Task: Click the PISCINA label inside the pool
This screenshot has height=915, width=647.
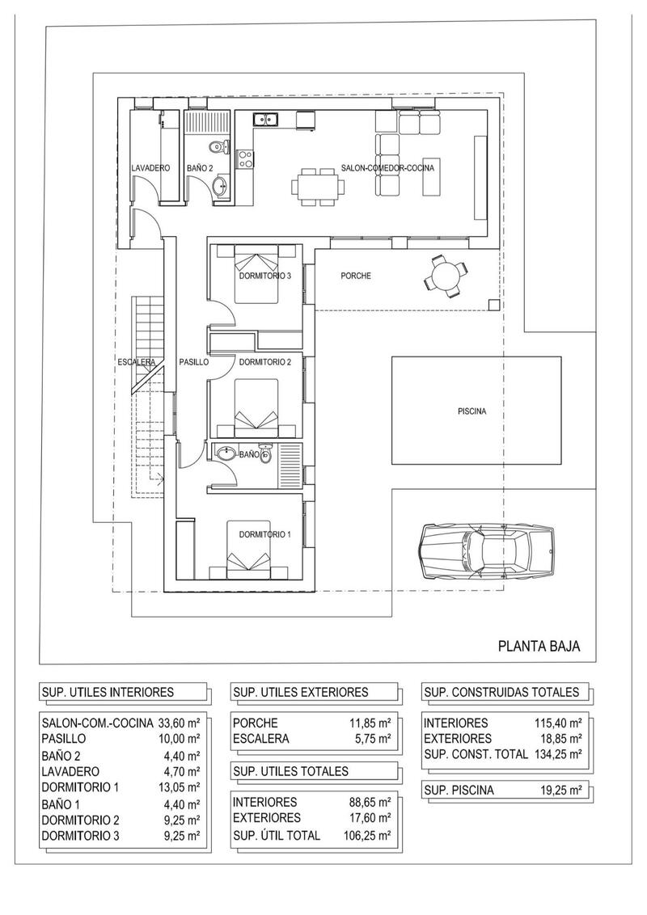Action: [471, 411]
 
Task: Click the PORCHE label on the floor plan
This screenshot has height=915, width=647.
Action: [356, 276]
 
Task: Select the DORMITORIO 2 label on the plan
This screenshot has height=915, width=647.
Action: [264, 362]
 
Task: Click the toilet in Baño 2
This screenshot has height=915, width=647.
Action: [215, 146]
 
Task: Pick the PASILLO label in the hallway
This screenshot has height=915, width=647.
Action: [193, 363]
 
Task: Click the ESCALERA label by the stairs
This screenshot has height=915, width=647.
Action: [136, 363]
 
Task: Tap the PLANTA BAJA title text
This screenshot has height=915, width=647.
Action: [539, 645]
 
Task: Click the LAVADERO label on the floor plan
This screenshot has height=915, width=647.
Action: [150, 168]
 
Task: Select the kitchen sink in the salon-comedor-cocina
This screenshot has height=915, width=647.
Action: [265, 120]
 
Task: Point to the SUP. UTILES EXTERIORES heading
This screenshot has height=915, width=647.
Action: [300, 692]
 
